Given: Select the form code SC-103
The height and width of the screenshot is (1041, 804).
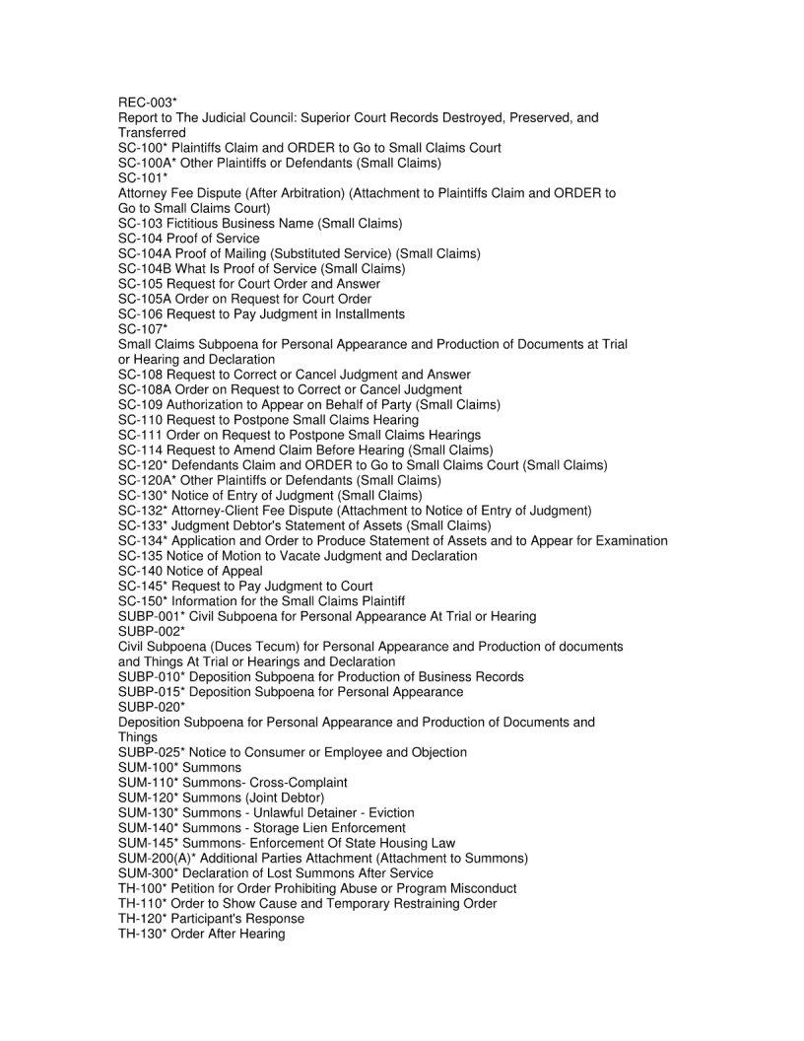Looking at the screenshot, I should pos(140,223).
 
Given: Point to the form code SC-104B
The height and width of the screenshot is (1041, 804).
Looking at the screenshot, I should pos(145,268).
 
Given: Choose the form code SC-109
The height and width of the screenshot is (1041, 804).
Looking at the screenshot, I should pos(140,404).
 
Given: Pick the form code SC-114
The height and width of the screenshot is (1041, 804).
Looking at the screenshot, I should pos(140,450).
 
